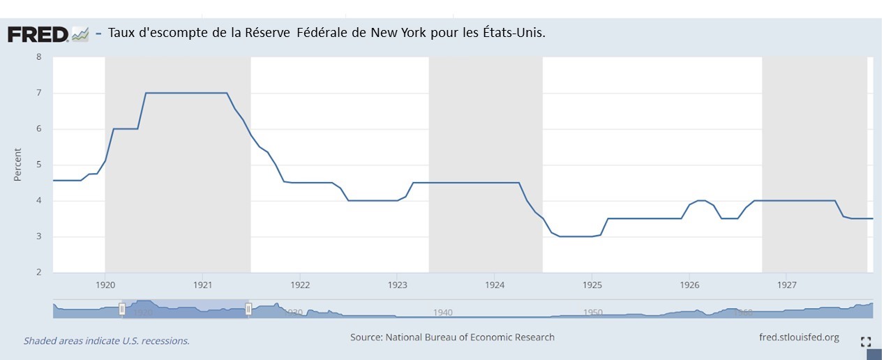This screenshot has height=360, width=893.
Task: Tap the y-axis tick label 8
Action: tap(39, 57)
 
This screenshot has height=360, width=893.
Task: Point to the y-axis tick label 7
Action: tap(39, 93)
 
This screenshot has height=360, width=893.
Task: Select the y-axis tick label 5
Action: tap(39, 165)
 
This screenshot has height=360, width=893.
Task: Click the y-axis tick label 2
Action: tap(39, 272)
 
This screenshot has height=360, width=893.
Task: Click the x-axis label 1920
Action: tap(105, 285)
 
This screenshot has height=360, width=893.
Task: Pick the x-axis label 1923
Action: tap(397, 285)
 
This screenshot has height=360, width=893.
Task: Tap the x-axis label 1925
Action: tap(592, 285)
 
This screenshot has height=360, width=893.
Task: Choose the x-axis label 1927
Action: tap(786, 285)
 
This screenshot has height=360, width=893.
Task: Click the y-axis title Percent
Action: tap(18, 165)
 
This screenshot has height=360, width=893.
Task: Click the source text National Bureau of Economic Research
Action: tap(470, 337)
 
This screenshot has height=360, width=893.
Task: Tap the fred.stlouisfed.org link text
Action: tap(799, 338)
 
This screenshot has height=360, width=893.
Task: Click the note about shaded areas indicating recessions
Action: tap(107, 341)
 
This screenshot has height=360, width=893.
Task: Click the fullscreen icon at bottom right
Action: tap(866, 342)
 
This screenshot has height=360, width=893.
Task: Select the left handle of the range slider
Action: tap(122, 309)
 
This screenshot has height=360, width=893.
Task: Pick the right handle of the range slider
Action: tap(248, 309)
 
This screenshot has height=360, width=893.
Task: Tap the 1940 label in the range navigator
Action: tap(443, 312)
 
